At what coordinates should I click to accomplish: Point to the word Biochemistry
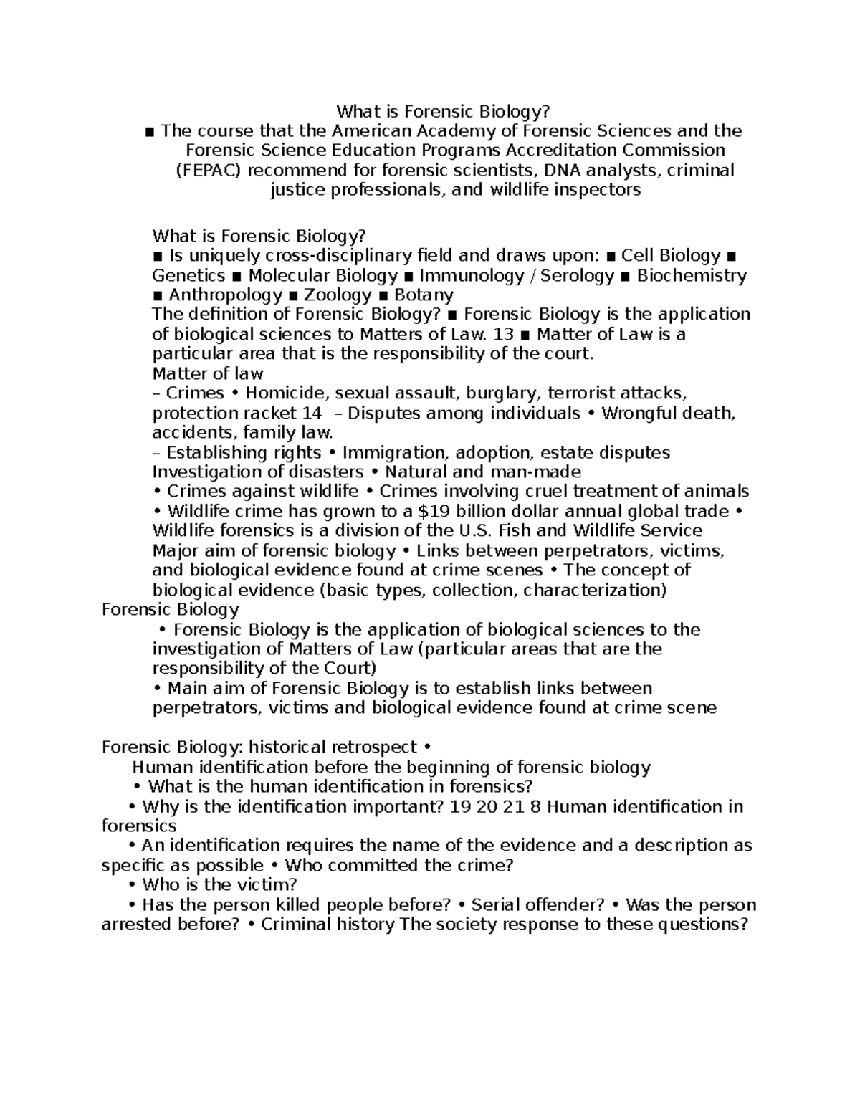click(692, 276)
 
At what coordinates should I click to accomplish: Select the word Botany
click(424, 295)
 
